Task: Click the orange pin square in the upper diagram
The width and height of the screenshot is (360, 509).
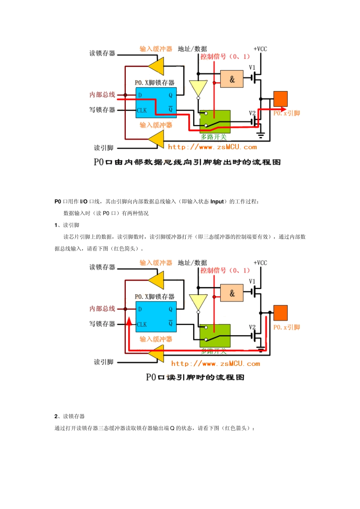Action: (x=280, y=99)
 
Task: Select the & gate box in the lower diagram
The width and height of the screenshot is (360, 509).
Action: (x=232, y=293)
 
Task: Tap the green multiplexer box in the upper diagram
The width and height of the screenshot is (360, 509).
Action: (x=215, y=121)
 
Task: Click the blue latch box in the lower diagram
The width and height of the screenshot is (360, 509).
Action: (x=156, y=317)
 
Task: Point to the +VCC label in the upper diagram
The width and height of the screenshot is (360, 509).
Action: (x=260, y=49)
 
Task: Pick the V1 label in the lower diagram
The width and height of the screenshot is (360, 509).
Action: (x=252, y=281)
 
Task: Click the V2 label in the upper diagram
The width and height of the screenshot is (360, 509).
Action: (x=252, y=113)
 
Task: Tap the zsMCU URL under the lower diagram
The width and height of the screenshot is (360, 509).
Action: (x=215, y=364)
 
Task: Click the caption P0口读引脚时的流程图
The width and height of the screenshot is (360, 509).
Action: (x=195, y=377)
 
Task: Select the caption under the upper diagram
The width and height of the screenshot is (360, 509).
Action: (x=187, y=162)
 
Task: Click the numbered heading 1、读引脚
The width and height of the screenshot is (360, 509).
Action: (x=67, y=225)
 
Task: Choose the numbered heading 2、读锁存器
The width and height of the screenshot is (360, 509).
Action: (x=69, y=416)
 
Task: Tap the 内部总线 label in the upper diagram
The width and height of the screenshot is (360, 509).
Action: (x=102, y=95)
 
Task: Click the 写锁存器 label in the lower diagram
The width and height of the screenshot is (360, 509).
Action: (x=102, y=324)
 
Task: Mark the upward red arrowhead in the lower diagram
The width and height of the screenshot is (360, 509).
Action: (x=129, y=322)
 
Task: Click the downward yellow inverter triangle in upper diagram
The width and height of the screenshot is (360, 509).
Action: (x=198, y=88)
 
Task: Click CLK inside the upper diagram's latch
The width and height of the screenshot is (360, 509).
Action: (x=142, y=111)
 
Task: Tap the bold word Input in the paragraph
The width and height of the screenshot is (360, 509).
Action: (x=217, y=201)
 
